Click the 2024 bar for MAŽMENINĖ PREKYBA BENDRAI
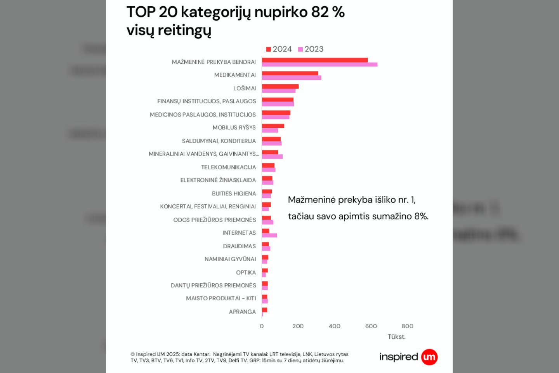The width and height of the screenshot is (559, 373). pos(314,60)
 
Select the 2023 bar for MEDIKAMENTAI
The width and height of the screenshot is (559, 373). pos(292,78)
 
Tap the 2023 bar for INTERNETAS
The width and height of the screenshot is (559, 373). pos(269,235)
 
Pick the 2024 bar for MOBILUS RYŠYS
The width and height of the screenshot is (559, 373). pos(273,126)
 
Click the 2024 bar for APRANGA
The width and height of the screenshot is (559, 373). pos(264,310)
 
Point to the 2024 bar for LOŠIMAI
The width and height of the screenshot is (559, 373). pos(280,86)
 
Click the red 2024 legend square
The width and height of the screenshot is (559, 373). pos(268,49)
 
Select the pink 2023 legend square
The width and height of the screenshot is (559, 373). pos(300,49)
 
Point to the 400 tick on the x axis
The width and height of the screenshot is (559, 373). pos(334,326)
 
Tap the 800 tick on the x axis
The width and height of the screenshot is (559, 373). pos(407,326)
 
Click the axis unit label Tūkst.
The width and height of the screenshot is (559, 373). pos(396,337)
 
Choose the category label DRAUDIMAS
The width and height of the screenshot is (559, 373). pos(239,246)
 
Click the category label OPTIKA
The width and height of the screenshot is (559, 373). pos(246,272)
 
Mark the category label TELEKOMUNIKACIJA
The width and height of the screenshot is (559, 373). pos(228,167)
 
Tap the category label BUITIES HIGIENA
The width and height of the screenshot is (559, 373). pos(234,193)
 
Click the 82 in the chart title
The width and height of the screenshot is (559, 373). pos(320,12)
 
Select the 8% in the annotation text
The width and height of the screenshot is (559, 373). pos(421,216)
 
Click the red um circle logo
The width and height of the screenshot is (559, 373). pos(429,357)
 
